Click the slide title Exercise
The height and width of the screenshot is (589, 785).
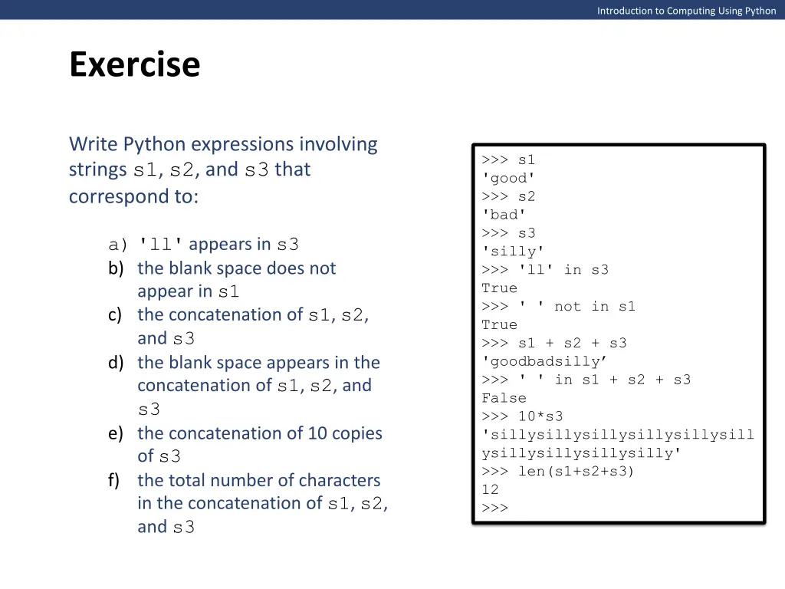coord(134,64)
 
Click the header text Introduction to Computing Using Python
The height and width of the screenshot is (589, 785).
coord(686,11)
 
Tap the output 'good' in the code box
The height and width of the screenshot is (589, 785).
coord(504,178)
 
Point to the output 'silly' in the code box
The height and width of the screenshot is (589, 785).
coord(513,252)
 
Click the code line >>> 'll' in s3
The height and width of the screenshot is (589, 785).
coord(545,270)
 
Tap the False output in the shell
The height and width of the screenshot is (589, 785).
coord(504,398)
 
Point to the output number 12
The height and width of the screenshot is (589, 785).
coord(490,489)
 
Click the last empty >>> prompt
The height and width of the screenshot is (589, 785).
coord(494,508)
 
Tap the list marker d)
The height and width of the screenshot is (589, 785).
coord(116,363)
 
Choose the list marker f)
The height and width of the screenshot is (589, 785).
coord(115,481)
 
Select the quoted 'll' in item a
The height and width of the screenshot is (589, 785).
coord(160,245)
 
